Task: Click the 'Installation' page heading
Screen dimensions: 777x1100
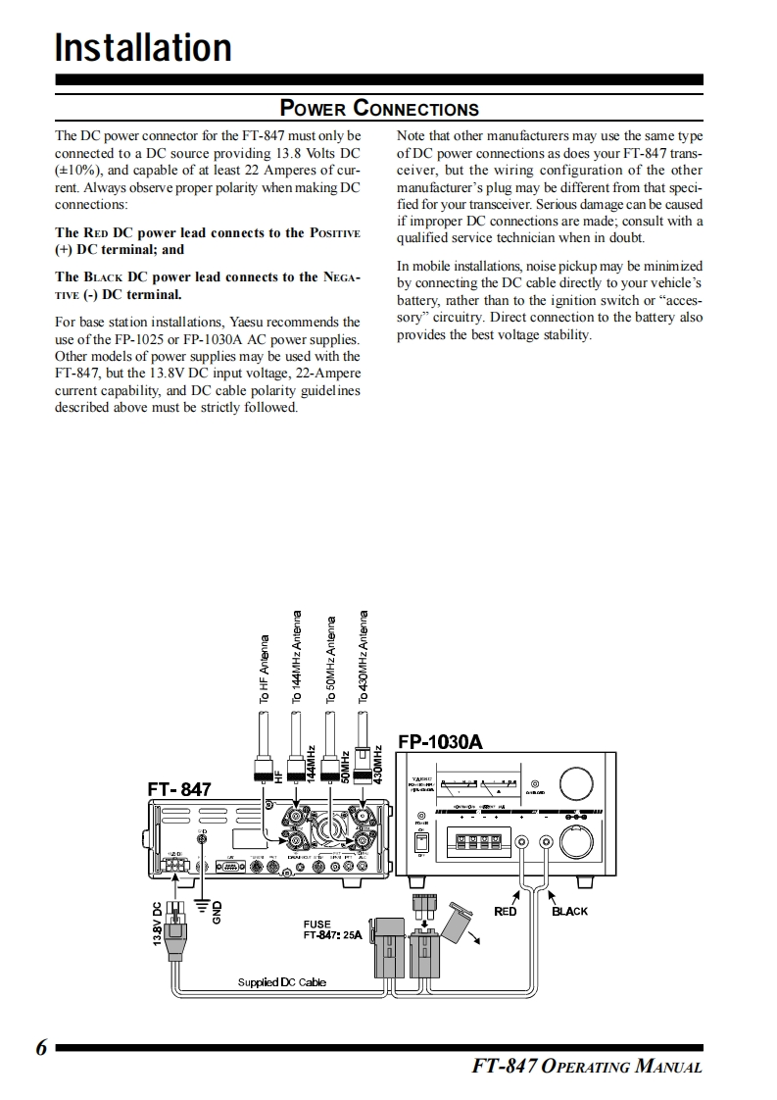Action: point(143,47)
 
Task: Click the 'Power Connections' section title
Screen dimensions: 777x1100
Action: point(379,108)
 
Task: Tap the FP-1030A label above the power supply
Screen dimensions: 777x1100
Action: point(440,741)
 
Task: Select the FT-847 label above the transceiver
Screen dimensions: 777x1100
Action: point(179,789)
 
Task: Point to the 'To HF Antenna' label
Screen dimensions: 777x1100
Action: point(264,672)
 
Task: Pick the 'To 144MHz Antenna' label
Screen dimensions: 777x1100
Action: point(297,657)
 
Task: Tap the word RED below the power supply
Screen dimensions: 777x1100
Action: point(505,912)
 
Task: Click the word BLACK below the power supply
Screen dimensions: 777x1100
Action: point(569,912)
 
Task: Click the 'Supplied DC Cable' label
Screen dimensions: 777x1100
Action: point(282,981)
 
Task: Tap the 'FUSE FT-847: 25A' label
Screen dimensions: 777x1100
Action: point(333,929)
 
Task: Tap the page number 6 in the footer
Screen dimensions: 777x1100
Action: point(41,1048)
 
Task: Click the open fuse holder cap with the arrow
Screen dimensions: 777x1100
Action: point(457,920)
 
